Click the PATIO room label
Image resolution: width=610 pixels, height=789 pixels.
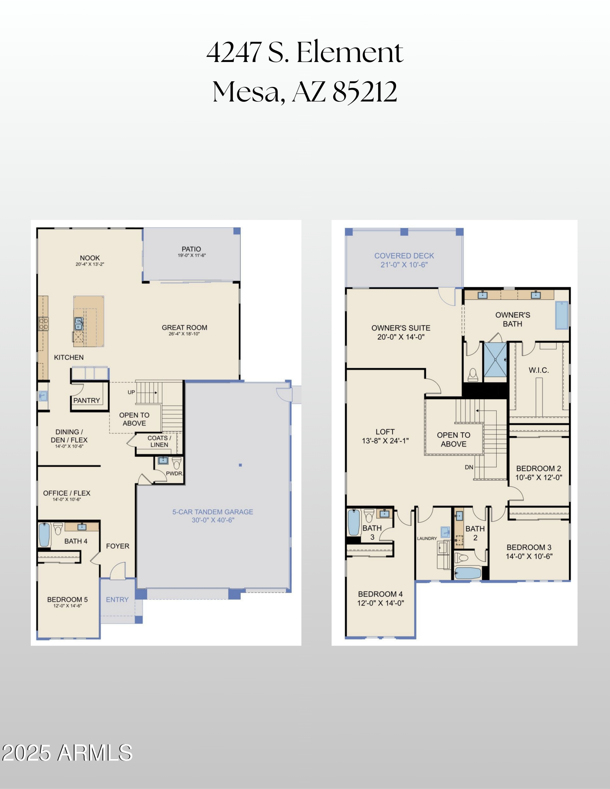tap(191, 249)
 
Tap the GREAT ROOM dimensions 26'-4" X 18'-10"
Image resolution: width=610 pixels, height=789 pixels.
tap(184, 334)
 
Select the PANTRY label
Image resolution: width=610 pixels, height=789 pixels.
tap(86, 400)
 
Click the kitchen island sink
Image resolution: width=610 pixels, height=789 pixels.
tap(79, 323)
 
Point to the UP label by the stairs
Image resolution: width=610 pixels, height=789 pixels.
tap(131, 392)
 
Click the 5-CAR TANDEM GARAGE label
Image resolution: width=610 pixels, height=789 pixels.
tap(212, 512)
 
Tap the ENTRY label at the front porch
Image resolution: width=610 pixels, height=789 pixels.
tap(117, 599)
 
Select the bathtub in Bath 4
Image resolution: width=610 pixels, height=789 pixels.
tap(44, 534)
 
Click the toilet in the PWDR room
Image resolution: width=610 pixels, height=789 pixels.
tap(176, 463)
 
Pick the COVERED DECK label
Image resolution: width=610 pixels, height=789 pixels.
tap(404, 256)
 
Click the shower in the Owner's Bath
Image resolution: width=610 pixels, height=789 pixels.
tap(495, 360)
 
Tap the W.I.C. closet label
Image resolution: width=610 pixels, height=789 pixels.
tap(539, 370)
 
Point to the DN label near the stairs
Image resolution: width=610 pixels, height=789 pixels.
tap(469, 467)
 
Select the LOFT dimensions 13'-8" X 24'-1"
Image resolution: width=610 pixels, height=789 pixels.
tap(385, 441)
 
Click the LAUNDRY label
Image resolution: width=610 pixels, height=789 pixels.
tap(427, 538)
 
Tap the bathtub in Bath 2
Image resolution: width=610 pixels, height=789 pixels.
tap(467, 573)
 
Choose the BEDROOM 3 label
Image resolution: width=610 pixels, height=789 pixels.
tap(529, 547)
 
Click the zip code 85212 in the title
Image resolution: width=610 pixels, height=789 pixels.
tap(364, 92)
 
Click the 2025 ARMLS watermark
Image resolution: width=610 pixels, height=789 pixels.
tap(67, 752)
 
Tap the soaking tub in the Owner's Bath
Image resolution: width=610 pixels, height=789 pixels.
tap(561, 315)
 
